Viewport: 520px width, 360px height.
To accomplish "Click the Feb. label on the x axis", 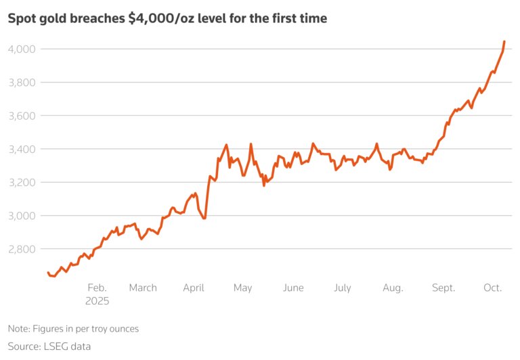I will (x=97, y=288).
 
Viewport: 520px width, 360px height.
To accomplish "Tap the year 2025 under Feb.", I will (x=97, y=301).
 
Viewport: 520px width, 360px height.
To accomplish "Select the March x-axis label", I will (x=143, y=288).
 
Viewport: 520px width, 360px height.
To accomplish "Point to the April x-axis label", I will (x=194, y=288).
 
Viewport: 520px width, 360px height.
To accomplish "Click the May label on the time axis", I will (x=242, y=288).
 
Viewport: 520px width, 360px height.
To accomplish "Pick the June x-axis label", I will (x=293, y=288).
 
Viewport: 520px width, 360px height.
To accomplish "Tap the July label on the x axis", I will (x=343, y=288).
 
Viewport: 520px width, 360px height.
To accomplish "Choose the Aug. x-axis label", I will (x=393, y=288).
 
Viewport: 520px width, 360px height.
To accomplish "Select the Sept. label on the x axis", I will (x=443, y=288).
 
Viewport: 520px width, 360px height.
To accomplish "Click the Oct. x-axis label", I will (x=492, y=288).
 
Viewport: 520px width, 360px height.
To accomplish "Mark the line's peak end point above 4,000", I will (x=504, y=42).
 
